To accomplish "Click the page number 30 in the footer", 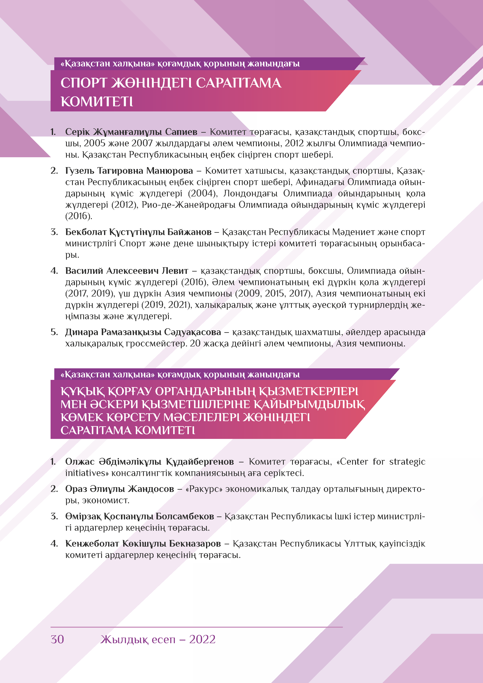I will tap(57, 639).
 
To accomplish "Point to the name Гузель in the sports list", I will tap(79, 171).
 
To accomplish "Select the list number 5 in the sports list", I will tap(54, 332).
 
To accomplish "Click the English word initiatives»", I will tap(87, 473).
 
